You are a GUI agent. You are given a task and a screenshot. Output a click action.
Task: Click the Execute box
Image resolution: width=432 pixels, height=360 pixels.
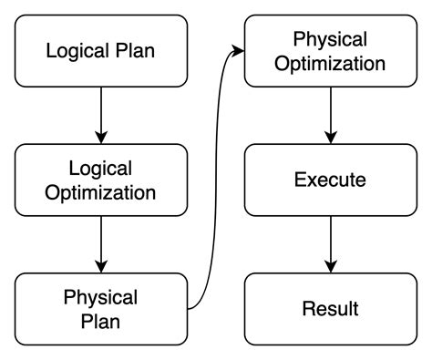pyautogui.click(x=330, y=180)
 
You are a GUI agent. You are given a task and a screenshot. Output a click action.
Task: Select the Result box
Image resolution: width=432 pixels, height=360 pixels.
pyautogui.click(x=330, y=308)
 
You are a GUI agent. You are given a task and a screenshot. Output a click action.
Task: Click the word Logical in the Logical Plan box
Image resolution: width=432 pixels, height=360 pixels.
pyautogui.click(x=77, y=50)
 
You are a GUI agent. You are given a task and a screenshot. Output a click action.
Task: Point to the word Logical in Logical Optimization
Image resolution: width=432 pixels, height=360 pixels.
pyautogui.click(x=100, y=168)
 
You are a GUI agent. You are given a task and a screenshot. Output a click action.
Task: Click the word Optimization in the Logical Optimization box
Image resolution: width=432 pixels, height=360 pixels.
pyautogui.click(x=100, y=192)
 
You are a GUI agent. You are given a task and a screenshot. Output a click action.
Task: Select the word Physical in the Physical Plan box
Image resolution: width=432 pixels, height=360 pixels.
pyautogui.click(x=100, y=297)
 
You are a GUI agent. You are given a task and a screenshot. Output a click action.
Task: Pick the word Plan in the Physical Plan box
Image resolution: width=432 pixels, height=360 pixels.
pyautogui.click(x=100, y=322)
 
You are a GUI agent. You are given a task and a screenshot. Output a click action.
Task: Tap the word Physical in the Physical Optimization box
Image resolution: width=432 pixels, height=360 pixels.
pyautogui.click(x=330, y=39)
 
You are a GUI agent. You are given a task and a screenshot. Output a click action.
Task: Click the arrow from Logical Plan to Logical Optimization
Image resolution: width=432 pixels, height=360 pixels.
pyautogui.click(x=100, y=113)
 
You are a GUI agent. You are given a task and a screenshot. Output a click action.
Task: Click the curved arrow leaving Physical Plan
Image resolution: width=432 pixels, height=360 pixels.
pyautogui.click(x=216, y=182)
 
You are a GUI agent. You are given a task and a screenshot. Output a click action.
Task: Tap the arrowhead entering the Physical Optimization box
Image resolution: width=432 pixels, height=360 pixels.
pyautogui.click(x=240, y=51)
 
